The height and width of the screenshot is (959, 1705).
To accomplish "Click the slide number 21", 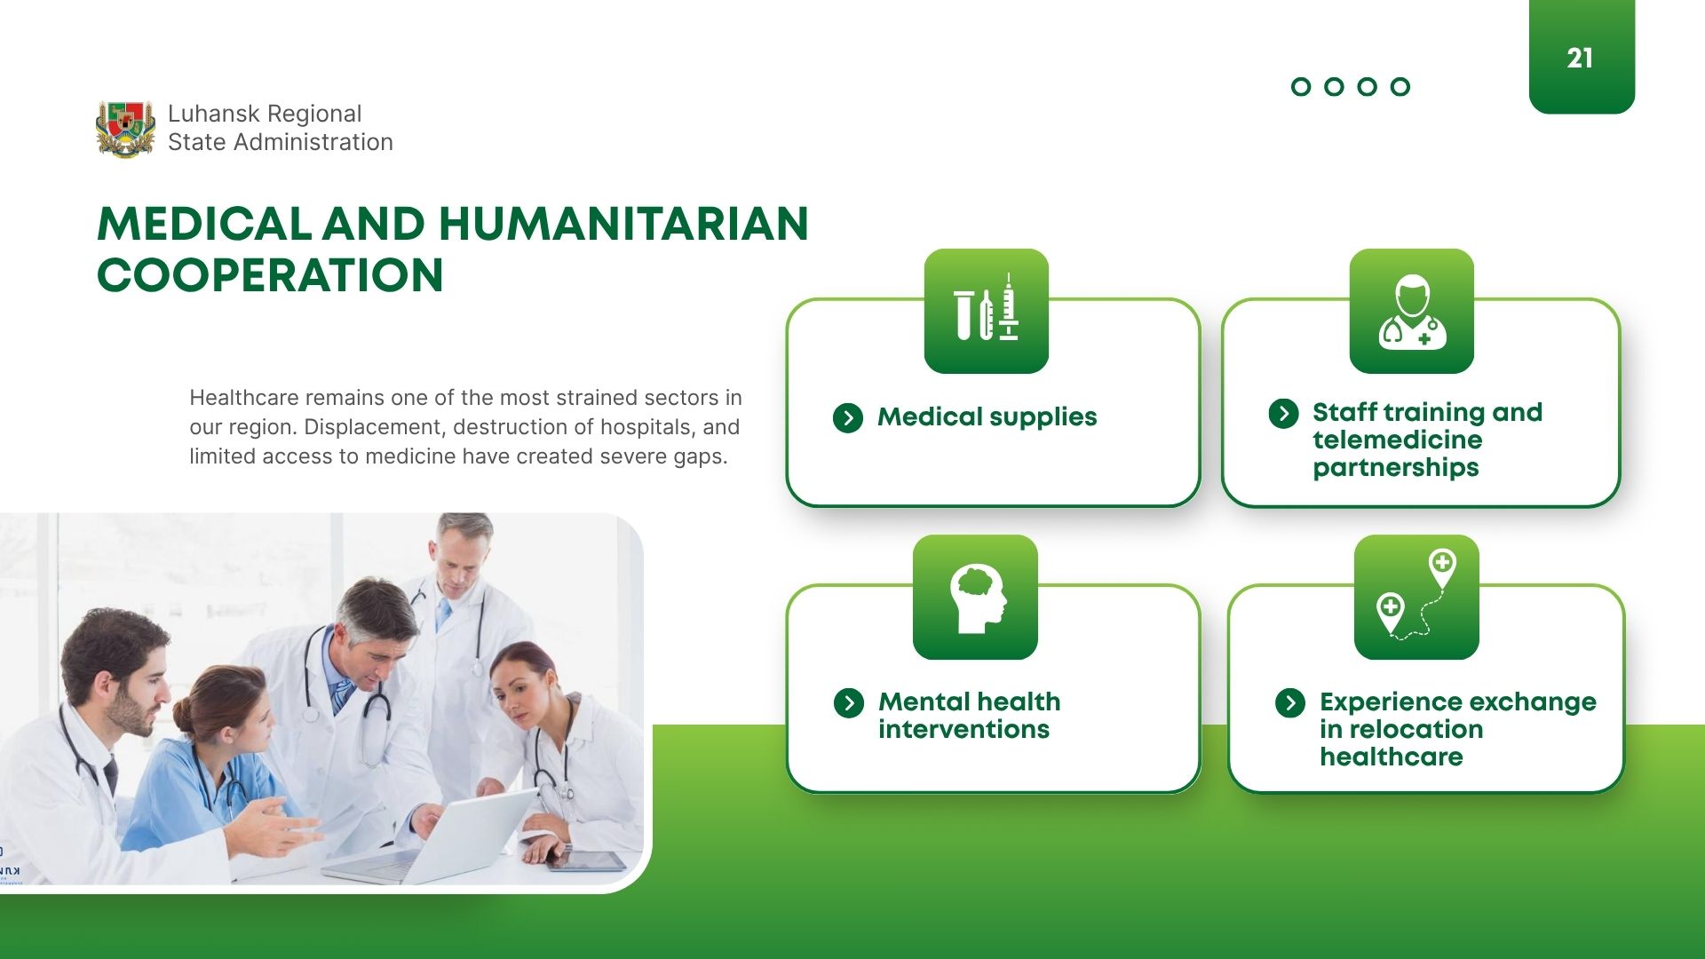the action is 1580,59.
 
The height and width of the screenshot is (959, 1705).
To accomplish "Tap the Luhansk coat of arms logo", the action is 125,129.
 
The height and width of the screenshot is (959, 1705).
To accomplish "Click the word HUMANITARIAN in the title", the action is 623,224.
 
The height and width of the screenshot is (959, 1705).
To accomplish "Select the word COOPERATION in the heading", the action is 270,276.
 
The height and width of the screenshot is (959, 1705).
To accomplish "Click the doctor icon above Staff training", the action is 1412,312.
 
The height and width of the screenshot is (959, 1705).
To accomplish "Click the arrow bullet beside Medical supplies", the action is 848,417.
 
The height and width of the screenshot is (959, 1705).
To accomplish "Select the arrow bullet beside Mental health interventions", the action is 849,703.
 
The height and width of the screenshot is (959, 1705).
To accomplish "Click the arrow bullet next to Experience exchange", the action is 1290,703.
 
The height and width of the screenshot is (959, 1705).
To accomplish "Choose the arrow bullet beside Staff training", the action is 1283,413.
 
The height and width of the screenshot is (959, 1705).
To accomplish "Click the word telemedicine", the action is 1398,440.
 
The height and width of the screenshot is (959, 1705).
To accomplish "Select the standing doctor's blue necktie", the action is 443,614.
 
